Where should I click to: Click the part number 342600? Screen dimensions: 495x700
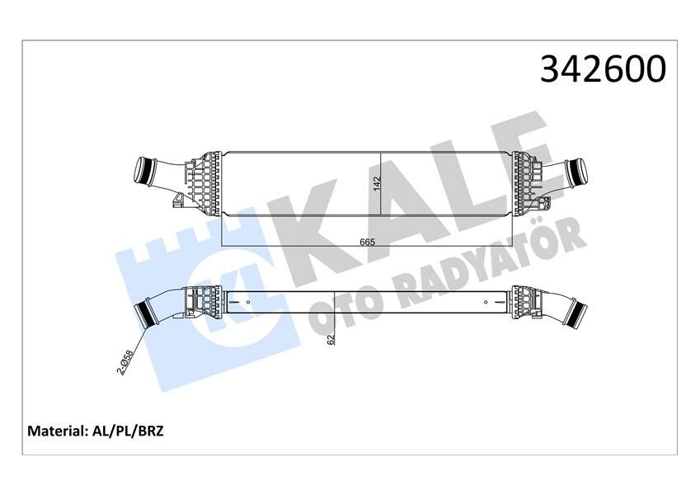602,69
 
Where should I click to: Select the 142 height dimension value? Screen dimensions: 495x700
377,184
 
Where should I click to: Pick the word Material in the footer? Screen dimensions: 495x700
59,431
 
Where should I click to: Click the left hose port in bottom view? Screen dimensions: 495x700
150,313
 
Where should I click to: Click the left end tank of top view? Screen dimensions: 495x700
202,181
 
